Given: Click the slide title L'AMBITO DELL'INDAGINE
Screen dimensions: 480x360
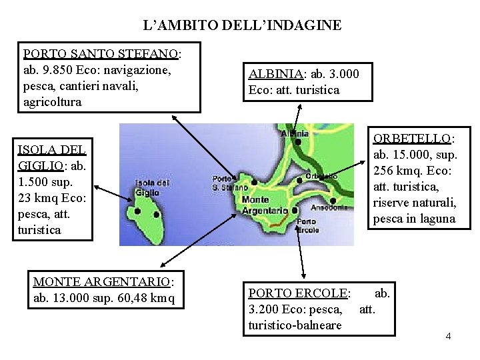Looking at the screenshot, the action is click(x=243, y=26).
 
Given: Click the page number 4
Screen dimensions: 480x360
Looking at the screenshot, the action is click(x=448, y=335).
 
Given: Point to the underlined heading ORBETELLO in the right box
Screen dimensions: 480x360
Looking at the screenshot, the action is click(x=413, y=139).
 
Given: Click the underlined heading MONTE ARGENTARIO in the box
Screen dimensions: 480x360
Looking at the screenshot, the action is click(x=103, y=283).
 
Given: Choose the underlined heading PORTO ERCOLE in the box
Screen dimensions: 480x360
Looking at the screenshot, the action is click(x=298, y=293).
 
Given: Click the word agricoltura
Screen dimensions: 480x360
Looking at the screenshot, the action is click(x=52, y=102).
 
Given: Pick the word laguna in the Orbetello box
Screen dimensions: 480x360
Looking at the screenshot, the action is click(x=437, y=219).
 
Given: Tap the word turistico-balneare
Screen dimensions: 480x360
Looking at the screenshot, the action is click(x=295, y=325).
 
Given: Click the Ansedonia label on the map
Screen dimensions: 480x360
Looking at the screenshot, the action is click(x=329, y=207).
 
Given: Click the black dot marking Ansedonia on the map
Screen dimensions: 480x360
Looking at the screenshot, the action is click(x=332, y=199).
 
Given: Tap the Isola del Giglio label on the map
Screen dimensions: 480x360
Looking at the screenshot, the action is click(x=151, y=187).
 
